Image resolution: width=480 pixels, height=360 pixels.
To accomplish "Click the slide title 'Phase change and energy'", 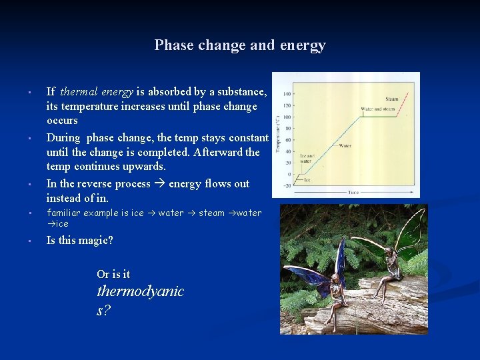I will [x=240, y=45].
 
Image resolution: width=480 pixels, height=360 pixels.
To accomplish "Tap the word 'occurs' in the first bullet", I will [x=62, y=121].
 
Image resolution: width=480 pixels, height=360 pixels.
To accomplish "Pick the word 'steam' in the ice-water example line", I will [x=211, y=213].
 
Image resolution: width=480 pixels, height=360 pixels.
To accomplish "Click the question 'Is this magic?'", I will [x=79, y=241].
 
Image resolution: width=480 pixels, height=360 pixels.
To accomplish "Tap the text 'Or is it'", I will [x=113, y=274].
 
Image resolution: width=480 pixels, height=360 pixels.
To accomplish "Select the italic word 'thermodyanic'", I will [x=140, y=291].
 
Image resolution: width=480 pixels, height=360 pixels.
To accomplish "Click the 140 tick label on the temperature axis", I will [x=287, y=94].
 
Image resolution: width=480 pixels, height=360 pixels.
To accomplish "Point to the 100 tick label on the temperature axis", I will [x=287, y=117].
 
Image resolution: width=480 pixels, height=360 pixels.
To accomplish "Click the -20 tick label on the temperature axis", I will [x=286, y=186].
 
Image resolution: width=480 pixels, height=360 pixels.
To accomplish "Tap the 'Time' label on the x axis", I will [x=353, y=192].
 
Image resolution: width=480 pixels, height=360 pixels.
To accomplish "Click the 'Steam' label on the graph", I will [x=391, y=99].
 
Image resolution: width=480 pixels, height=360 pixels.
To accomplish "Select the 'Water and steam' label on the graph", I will [x=377, y=109].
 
